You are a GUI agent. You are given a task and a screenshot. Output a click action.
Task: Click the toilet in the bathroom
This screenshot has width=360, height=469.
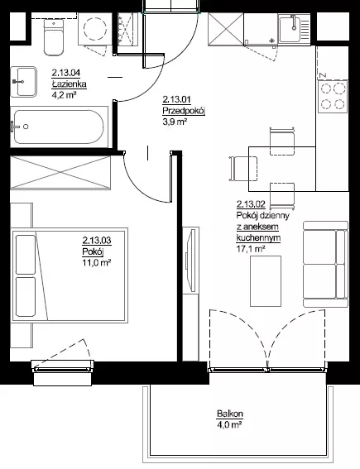(54, 37)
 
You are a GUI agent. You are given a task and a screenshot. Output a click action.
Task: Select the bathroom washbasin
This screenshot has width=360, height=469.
(24, 82)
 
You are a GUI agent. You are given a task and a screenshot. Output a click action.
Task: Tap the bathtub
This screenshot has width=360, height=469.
(60, 127)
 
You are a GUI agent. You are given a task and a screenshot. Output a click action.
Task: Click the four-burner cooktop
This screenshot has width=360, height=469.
(333, 96)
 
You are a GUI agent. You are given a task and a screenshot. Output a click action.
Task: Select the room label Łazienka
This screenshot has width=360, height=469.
(70, 84)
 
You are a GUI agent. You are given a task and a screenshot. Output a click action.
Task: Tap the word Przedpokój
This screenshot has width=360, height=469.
(184, 111)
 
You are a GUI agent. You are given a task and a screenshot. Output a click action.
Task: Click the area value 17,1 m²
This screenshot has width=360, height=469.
(251, 248)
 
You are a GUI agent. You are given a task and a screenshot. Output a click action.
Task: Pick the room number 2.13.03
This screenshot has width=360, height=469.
(97, 240)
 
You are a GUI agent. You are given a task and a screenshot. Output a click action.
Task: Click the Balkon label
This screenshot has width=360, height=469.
(230, 414)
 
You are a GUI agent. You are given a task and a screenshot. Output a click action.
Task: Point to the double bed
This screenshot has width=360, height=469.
(70, 275)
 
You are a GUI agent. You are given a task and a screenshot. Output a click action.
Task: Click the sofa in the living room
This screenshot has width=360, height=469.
(325, 264)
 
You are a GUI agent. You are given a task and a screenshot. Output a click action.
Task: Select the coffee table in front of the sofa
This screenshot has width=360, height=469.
(266, 281)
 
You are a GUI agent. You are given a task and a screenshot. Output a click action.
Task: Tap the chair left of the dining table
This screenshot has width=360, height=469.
(243, 169)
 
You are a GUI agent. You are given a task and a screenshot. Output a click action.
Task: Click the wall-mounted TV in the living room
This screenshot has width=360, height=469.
(191, 259)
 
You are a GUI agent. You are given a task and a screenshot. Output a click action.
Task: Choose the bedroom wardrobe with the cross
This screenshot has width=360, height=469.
(60, 173)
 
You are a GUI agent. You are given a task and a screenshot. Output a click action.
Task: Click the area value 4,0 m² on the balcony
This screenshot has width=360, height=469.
(230, 424)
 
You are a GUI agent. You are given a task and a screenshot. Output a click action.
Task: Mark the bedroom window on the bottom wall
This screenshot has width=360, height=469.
(63, 369)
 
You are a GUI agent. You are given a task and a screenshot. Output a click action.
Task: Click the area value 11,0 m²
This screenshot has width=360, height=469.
(97, 263)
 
